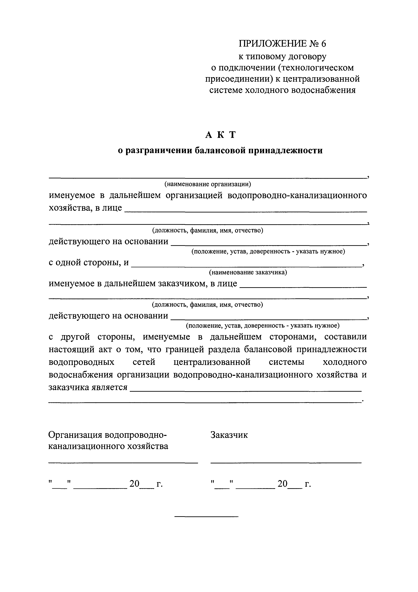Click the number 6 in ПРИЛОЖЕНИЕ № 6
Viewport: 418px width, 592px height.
[323, 44]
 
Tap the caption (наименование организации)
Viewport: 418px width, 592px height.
[208, 184]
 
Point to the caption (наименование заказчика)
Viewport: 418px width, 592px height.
[248, 272]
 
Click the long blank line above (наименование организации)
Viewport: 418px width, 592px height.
[208, 178]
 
